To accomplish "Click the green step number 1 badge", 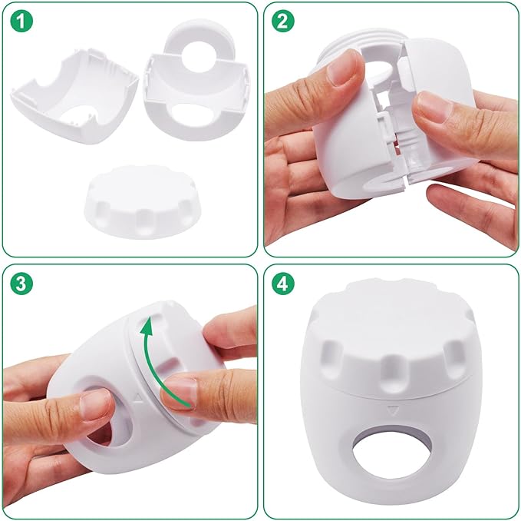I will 23,23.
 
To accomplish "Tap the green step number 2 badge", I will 284,23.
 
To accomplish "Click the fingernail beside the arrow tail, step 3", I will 176,392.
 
